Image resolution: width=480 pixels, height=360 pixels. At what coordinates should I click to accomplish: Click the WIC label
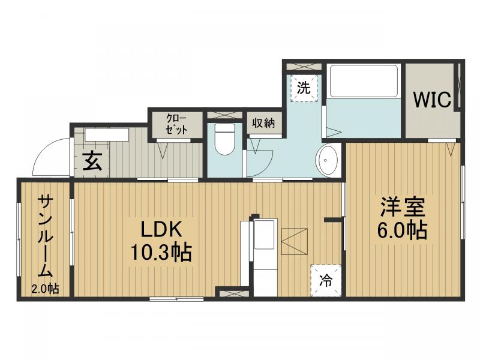point(431,100)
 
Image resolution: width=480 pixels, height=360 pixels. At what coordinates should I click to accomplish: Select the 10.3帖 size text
point(161,253)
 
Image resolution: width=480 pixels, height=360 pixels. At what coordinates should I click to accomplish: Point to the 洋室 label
point(401,208)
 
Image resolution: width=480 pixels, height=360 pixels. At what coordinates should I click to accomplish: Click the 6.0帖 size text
point(401,231)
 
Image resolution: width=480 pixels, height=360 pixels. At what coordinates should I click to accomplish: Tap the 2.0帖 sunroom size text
point(45,289)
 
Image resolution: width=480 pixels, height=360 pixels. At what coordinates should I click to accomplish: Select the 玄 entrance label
point(91,161)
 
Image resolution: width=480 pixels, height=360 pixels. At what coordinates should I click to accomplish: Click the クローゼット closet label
point(176,124)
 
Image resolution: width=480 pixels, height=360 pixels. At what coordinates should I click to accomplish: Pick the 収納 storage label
point(263,123)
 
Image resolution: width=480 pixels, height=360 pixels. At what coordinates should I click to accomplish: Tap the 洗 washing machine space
point(304,88)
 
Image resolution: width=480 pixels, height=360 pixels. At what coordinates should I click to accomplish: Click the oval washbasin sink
point(327,160)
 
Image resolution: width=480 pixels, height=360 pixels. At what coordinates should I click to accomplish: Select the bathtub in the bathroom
point(364,80)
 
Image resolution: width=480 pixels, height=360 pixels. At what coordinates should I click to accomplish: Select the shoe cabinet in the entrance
point(107,134)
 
